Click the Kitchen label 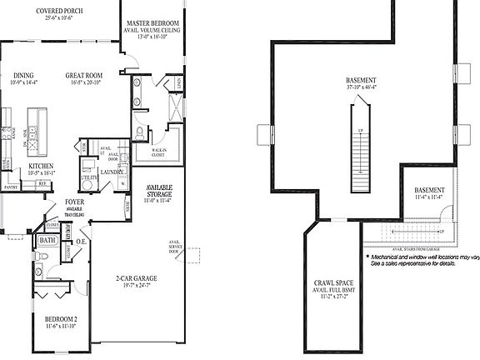42,167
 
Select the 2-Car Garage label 137,278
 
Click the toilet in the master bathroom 141,132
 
